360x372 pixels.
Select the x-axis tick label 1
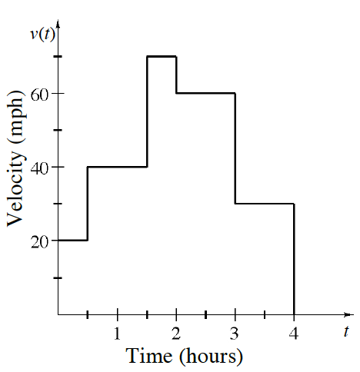coord(117,334)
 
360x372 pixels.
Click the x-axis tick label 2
coord(176,334)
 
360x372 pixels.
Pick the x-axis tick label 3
coord(235,334)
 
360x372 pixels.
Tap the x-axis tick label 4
coord(295,334)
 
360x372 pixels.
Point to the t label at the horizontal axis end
coord(347,332)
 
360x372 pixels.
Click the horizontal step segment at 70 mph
coord(162,56)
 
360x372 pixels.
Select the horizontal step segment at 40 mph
coord(117,167)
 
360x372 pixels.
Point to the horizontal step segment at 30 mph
coord(265,204)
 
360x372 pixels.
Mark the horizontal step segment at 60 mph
coord(205,93)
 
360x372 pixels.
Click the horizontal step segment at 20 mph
coord(73,241)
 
